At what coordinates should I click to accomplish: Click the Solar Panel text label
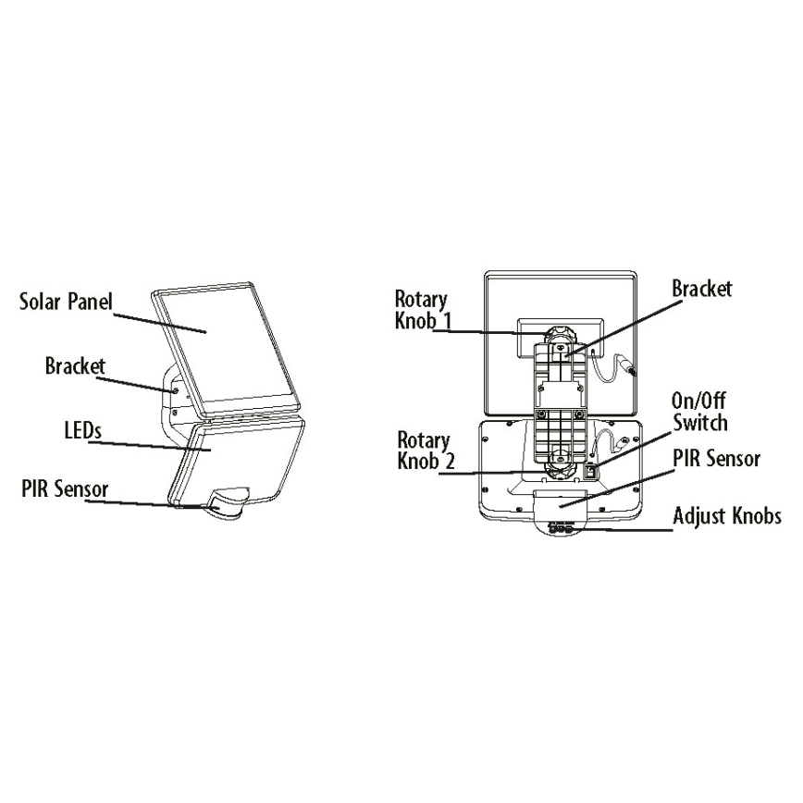pos(65,303)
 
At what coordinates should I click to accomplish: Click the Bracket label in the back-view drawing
pos(701,289)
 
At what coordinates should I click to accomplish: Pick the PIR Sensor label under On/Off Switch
pos(717,460)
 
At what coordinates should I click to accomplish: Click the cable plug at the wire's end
pos(633,370)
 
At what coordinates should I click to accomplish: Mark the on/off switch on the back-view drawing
pos(590,473)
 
